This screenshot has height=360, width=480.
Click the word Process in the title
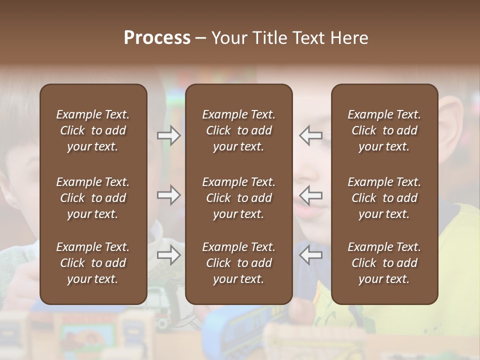tap(157, 38)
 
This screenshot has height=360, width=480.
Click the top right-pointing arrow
tap(169, 135)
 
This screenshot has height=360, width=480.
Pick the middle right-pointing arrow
tap(169, 195)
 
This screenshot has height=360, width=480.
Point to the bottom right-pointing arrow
tap(169, 255)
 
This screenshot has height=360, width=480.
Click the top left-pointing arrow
tap(310, 135)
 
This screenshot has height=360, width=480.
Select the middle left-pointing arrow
tap(310, 195)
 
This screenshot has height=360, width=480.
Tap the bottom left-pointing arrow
tap(310, 255)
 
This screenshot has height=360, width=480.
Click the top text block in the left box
tap(93, 130)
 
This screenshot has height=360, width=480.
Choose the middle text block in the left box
tap(93, 198)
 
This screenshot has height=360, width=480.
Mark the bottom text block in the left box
tap(93, 263)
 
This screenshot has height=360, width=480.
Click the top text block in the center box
tap(238, 130)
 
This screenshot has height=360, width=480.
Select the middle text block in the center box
tap(238, 198)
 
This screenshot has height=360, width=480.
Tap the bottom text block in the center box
tap(238, 263)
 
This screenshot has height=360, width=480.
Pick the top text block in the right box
tap(384, 130)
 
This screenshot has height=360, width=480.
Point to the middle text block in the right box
tap(384, 198)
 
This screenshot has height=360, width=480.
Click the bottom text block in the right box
tap(384, 263)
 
